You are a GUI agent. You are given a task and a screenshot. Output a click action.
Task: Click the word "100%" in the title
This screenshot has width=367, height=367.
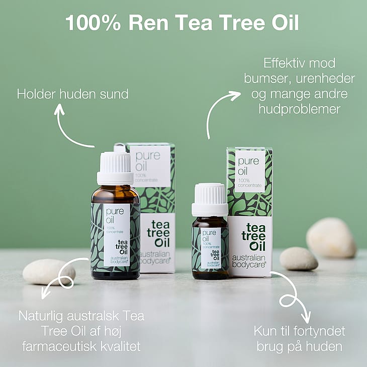click(93, 23)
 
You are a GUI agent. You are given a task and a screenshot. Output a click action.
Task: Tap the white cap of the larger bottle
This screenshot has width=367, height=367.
click(115, 168)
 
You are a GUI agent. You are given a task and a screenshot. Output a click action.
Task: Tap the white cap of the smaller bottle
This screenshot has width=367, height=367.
click(210, 200)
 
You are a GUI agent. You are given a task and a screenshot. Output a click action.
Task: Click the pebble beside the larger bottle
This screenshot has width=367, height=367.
click(49, 272)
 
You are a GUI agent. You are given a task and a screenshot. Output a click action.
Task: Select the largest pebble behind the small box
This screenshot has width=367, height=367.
click(331, 237)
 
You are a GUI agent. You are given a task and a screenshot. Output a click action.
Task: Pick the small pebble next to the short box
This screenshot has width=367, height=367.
click(299, 258)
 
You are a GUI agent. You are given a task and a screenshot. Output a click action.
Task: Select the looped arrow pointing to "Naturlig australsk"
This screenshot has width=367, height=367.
click(61, 276)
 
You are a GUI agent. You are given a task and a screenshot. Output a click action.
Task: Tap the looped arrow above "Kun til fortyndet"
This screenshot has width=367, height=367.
click(293, 297)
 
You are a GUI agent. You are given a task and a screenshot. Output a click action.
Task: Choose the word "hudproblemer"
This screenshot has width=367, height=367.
click(299, 110)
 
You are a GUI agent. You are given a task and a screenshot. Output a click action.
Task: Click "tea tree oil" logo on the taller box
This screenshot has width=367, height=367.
click(158, 233)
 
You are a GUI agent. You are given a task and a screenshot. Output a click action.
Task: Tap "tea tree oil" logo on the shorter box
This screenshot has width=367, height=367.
click(254, 237)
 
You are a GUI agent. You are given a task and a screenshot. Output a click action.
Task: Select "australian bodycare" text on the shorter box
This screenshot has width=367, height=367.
click(249, 261)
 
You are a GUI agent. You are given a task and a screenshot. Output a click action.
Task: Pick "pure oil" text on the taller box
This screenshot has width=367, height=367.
click(148, 161)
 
